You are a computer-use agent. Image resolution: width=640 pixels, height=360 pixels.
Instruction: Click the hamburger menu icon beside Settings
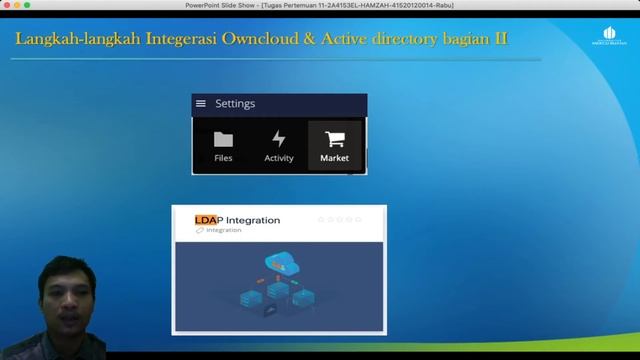pos(201,104)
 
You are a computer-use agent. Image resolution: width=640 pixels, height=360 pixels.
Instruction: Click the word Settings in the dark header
pos(235,104)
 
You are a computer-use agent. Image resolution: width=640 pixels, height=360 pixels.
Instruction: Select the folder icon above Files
pos(223,139)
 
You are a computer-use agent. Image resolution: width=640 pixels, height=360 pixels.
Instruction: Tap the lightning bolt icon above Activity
pos(279,139)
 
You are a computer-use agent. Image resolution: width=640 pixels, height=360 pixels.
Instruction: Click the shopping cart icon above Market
pos(335,139)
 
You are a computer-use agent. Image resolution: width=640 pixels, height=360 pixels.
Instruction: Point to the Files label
pos(223,158)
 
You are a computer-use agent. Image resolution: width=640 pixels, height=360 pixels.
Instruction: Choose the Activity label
pos(279,158)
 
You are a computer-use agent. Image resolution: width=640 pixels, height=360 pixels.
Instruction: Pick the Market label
pos(335,158)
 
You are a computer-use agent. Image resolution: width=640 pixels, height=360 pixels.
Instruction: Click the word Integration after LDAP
pos(253,220)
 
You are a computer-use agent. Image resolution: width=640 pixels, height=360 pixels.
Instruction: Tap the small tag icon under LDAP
pos(200,231)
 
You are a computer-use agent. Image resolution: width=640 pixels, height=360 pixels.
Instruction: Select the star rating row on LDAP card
pos(340,219)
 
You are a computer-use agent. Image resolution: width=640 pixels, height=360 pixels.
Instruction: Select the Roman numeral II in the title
pos(498,40)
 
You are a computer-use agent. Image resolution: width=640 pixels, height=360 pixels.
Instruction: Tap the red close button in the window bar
pos(6,5)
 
